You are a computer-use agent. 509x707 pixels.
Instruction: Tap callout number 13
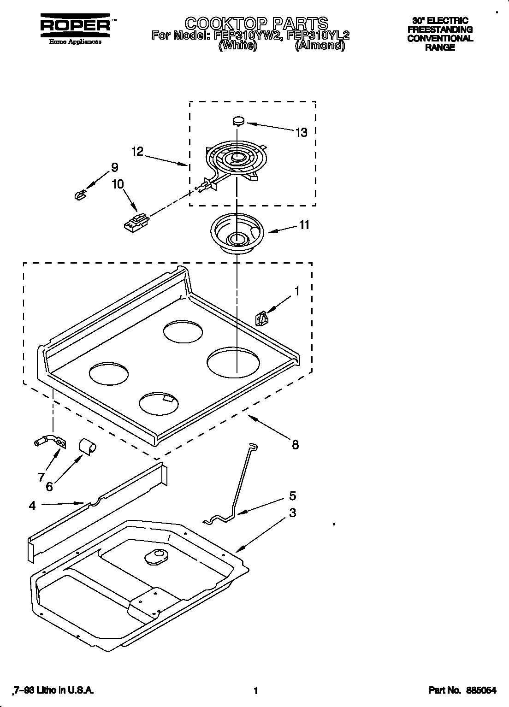[301, 133]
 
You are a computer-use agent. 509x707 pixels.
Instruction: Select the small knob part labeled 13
[238, 121]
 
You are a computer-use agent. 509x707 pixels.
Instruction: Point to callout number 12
[137, 151]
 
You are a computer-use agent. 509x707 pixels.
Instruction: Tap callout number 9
[114, 168]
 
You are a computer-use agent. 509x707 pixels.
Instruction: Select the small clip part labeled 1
[261, 318]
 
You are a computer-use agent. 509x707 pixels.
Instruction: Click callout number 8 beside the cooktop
[295, 444]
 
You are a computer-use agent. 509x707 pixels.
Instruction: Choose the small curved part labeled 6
[87, 445]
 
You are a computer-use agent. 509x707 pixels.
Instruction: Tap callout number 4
[32, 506]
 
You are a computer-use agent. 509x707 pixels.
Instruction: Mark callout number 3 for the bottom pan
[292, 513]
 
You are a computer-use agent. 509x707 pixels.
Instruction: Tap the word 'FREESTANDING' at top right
[440, 29]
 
